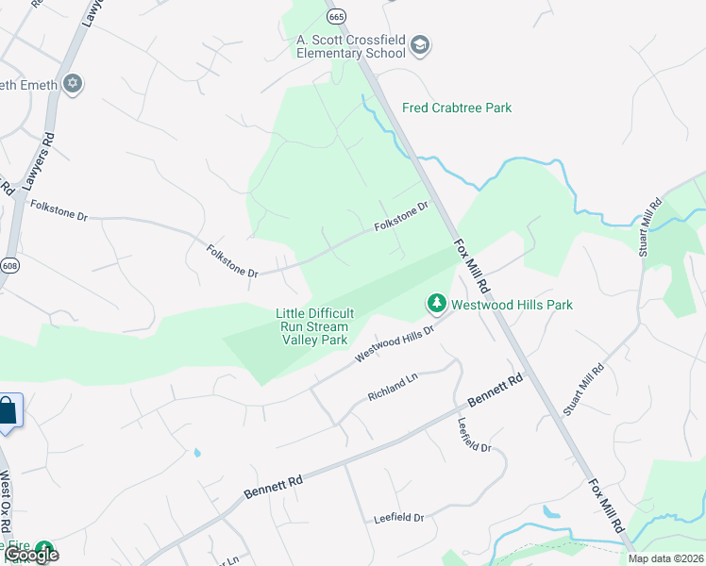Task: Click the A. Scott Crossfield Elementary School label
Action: [351, 46]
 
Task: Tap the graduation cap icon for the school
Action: [420, 45]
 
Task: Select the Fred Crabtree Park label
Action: [457, 108]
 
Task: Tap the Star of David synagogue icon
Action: [73, 85]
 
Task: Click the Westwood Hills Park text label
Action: [512, 305]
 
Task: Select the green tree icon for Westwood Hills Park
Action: [436, 303]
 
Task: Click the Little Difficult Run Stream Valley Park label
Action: [314, 326]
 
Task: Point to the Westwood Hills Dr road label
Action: [394, 343]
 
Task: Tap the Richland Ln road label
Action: [392, 385]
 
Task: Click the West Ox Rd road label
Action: [6, 501]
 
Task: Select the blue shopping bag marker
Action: [8, 411]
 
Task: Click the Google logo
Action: [31, 555]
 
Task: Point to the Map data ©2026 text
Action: [666, 558]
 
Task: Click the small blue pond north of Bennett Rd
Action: [196, 452]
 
